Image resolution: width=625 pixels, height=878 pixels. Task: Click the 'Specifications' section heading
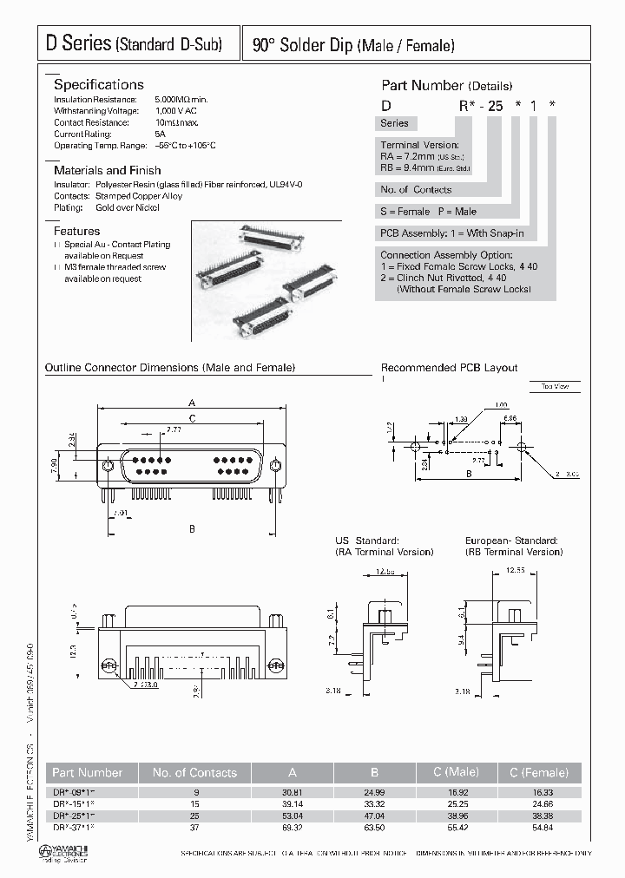[98, 85]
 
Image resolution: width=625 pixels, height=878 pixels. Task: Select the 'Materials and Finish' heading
[107, 171]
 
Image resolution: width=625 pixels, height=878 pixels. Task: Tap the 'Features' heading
[76, 232]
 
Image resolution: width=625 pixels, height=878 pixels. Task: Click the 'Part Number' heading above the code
[423, 86]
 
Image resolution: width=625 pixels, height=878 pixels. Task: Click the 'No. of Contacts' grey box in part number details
[416, 190]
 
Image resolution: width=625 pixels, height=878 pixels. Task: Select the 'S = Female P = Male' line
[428, 212]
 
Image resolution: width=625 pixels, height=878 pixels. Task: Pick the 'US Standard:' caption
[367, 541]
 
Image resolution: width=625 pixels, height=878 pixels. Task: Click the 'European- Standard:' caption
[511, 541]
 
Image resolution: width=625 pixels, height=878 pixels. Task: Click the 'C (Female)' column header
[538, 773]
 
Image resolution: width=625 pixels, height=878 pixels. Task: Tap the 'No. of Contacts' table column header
[194, 773]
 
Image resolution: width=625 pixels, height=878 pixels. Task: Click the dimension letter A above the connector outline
[191, 403]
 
